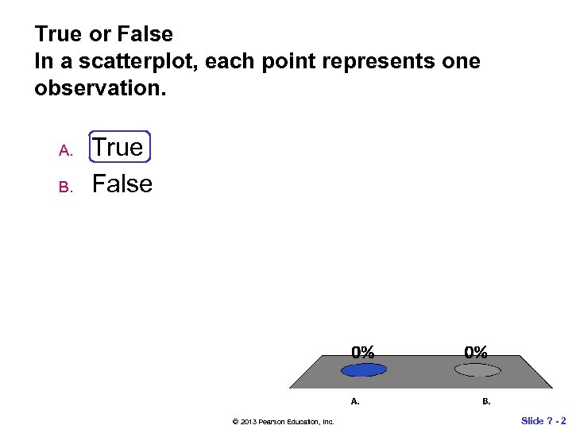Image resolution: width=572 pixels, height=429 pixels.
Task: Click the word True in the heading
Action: pos(58,34)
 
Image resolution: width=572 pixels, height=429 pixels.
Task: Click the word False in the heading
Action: pos(145,34)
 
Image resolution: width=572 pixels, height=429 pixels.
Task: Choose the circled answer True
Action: pos(118,147)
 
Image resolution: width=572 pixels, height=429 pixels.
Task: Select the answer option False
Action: pos(122,184)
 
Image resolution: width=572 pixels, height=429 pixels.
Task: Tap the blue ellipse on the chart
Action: pos(363,369)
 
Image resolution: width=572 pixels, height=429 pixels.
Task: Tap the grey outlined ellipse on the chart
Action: pos(477,369)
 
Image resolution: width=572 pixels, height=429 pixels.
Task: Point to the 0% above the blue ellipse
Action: pos(364,351)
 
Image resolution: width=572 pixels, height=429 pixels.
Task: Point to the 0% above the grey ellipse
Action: pos(477,351)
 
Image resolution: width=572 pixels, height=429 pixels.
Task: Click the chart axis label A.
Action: pos(355,401)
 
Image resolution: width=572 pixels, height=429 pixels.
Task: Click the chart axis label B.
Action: pos(486,401)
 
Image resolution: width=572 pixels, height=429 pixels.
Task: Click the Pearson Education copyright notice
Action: pos(283,421)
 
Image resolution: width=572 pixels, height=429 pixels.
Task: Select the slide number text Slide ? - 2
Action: pos(543,420)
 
